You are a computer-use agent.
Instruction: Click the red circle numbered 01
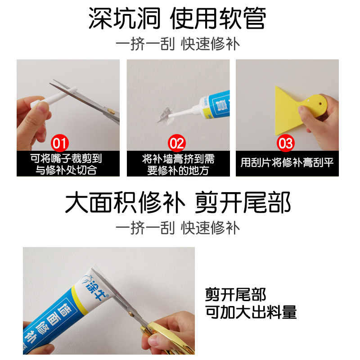(x=60, y=144)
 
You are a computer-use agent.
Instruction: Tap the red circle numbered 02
(x=177, y=144)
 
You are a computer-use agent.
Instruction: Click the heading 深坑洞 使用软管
(x=177, y=18)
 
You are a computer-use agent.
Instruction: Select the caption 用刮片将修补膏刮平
(x=287, y=163)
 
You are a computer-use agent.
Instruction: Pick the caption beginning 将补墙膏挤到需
(x=178, y=164)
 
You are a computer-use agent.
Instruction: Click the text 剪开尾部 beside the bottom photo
(x=236, y=295)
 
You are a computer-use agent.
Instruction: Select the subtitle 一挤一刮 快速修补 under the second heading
(x=178, y=227)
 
